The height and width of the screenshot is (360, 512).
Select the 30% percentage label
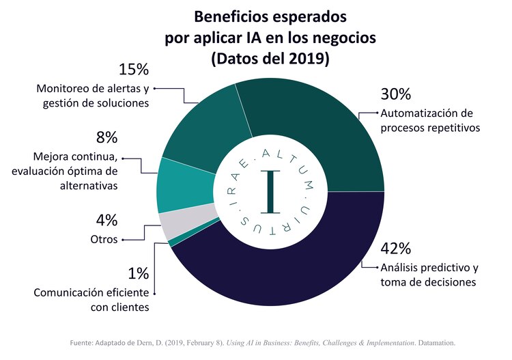[395, 94]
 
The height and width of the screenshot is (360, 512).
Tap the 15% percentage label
[133, 70]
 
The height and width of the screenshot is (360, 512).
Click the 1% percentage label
[138, 273]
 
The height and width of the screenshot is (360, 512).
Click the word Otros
[104, 239]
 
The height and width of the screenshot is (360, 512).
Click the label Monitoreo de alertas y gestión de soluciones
[92, 96]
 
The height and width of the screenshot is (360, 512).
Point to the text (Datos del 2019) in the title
[271, 59]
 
